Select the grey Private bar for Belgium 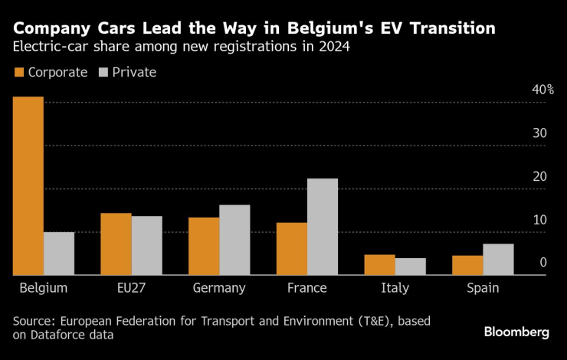click(59, 254)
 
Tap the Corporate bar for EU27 click(116, 244)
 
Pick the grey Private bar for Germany click(234, 240)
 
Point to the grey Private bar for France click(323, 227)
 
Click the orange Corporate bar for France click(291, 249)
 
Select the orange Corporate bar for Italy click(379, 265)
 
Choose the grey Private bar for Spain click(498, 260)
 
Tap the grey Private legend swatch click(105, 73)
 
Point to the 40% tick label click(543, 90)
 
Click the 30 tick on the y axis click(540, 133)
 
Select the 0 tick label click(542, 263)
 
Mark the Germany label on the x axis click(219, 289)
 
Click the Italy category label click(395, 289)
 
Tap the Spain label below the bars click(483, 289)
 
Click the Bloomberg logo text click(516, 332)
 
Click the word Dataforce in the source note click(61, 335)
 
